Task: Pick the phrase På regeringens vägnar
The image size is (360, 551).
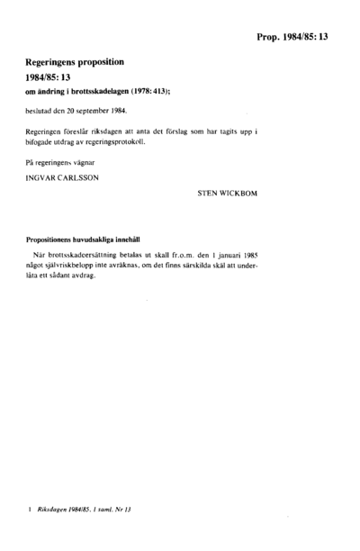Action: [x=57, y=162]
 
